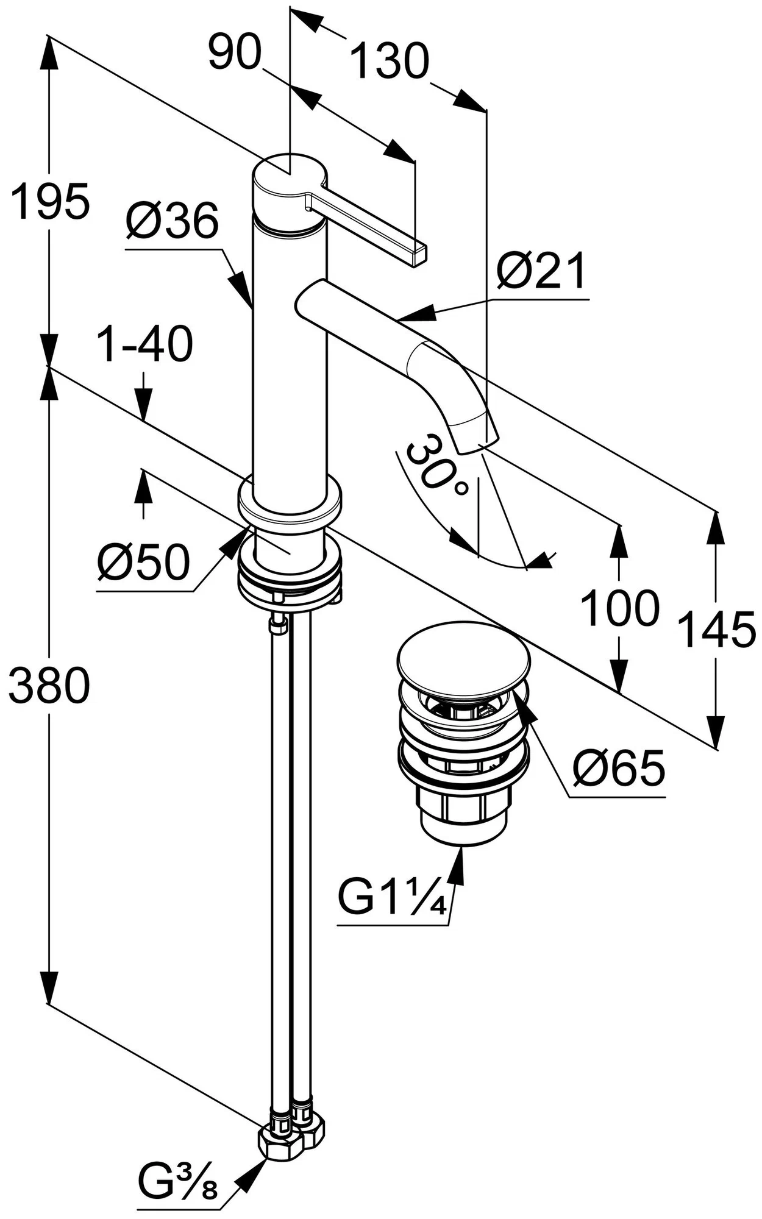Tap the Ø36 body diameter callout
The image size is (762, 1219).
(x=172, y=221)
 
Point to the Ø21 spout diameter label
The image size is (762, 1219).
(x=541, y=271)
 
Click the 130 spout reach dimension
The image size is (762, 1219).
(x=390, y=61)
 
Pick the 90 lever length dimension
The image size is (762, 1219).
(x=235, y=52)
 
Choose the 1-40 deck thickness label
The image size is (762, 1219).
(x=145, y=344)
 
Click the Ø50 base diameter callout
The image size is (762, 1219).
(x=143, y=561)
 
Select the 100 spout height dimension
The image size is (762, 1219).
(x=619, y=608)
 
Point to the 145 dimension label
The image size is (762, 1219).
(x=717, y=630)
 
